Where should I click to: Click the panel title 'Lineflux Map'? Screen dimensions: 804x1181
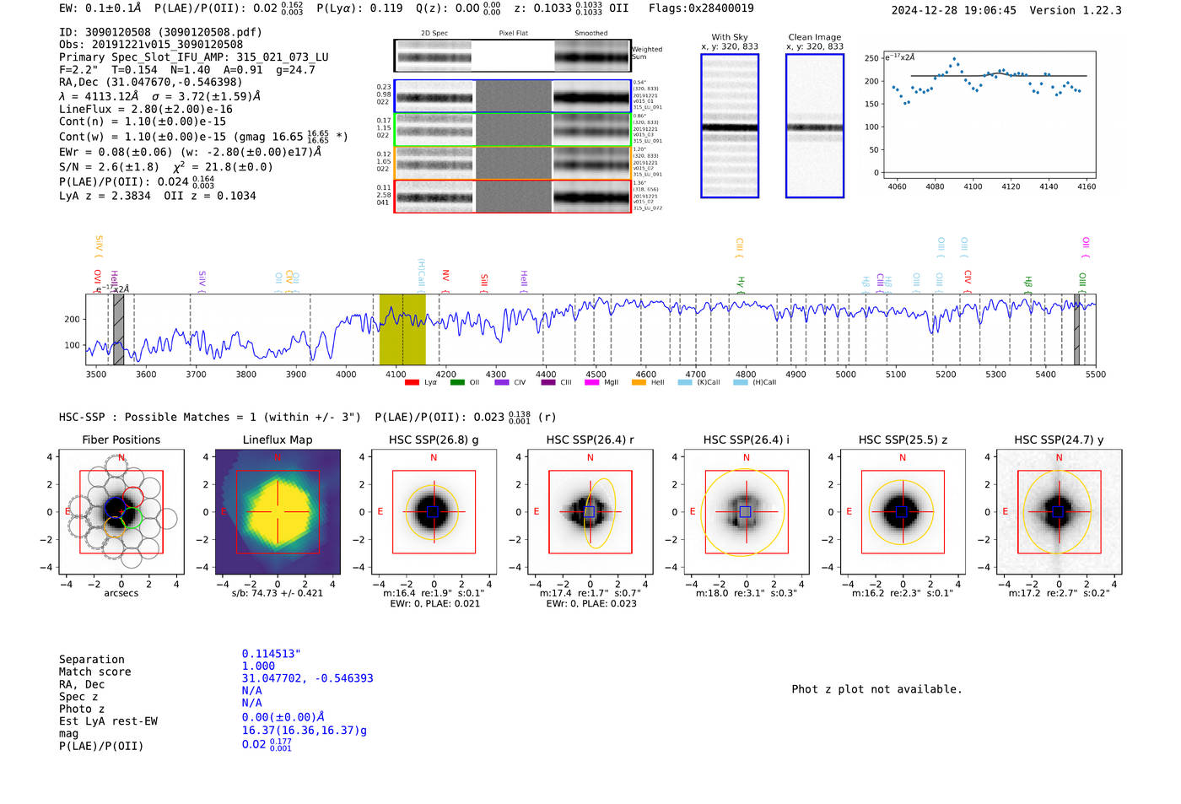(x=277, y=440)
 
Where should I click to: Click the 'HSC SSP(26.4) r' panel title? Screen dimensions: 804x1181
(x=590, y=440)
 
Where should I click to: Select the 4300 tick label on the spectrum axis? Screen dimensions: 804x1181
(x=496, y=374)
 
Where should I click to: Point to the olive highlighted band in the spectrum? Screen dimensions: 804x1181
(x=402, y=329)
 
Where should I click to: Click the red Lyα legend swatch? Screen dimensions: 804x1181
(x=413, y=383)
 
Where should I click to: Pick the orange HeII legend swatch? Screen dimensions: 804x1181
(x=639, y=383)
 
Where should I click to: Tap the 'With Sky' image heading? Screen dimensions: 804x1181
(x=729, y=37)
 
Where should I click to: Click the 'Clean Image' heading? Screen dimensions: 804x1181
(x=814, y=37)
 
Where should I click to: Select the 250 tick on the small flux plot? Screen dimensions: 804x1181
(x=871, y=58)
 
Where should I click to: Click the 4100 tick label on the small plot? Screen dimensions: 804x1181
(x=973, y=186)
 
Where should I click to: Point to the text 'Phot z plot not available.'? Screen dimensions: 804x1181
(x=876, y=689)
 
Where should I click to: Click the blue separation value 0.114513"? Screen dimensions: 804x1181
(x=271, y=654)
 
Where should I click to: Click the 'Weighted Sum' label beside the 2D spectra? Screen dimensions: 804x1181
(x=647, y=53)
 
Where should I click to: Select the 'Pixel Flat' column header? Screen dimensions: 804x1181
(x=513, y=34)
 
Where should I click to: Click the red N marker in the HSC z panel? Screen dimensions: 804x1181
(x=903, y=457)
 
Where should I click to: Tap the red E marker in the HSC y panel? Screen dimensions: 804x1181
(x=1005, y=511)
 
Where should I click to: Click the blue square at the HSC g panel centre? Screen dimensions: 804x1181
(x=433, y=511)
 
